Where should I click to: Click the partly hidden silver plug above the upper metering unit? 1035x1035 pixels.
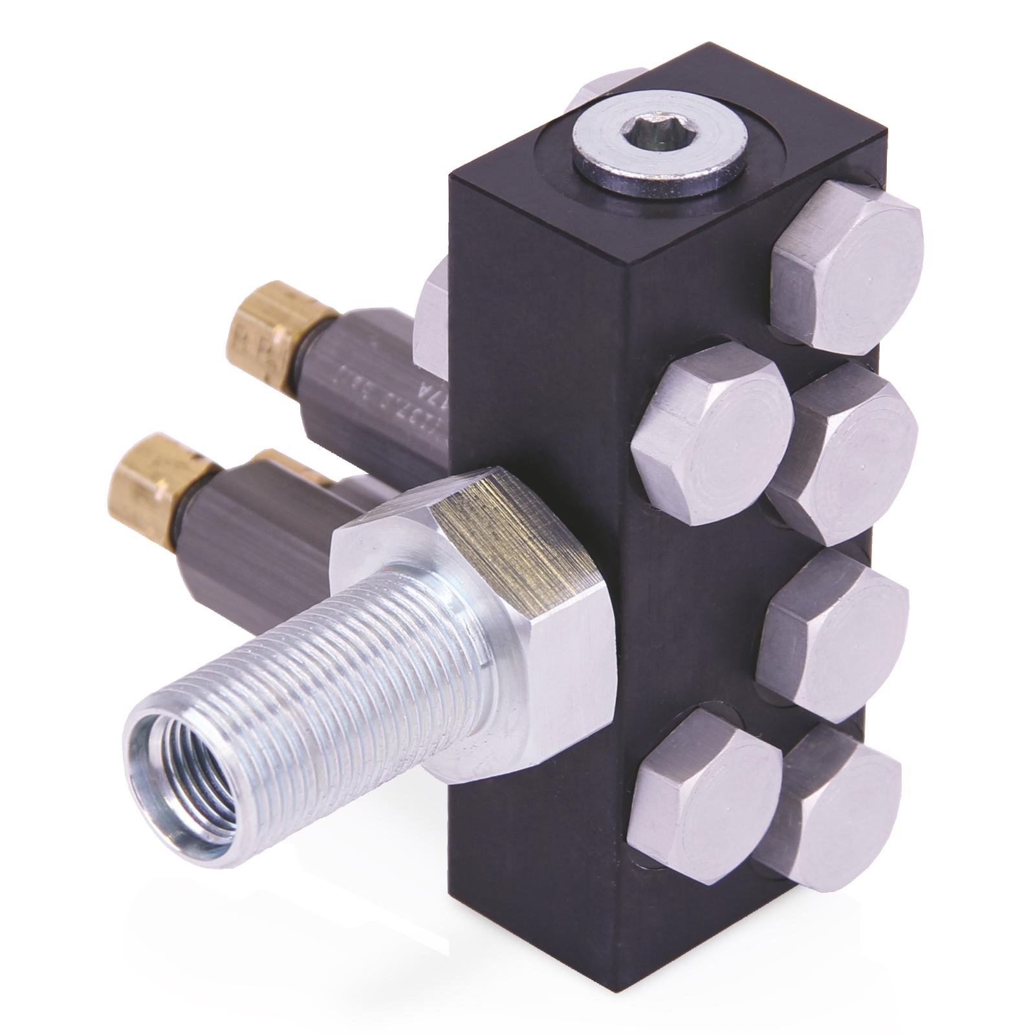click(430, 304)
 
